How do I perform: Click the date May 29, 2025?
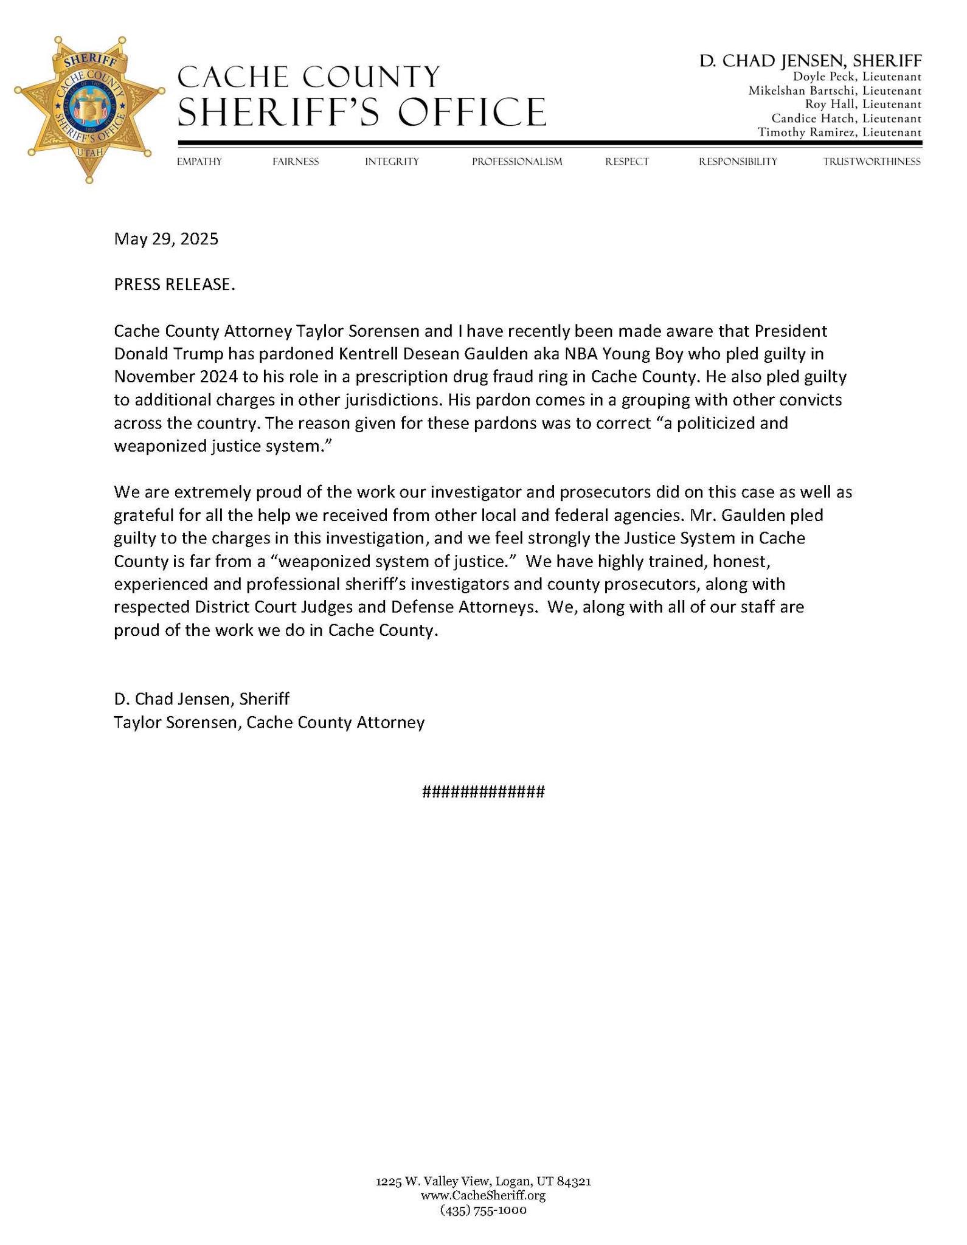pos(166,239)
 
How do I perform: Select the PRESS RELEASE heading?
pos(174,285)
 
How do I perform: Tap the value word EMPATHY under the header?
pos(199,162)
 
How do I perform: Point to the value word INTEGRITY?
pos(392,162)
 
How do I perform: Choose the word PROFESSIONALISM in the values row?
pos(516,162)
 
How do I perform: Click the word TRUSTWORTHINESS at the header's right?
pos(872,162)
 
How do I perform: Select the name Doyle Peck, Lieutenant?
pos(857,77)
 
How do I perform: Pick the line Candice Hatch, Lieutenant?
pos(846,119)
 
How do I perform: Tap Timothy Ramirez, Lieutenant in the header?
pos(839,133)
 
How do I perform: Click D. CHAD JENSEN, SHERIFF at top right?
pos(810,61)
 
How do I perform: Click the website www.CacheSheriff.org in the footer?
pos(483,1196)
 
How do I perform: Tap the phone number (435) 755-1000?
pos(483,1210)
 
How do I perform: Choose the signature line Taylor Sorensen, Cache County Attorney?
pos(269,722)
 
